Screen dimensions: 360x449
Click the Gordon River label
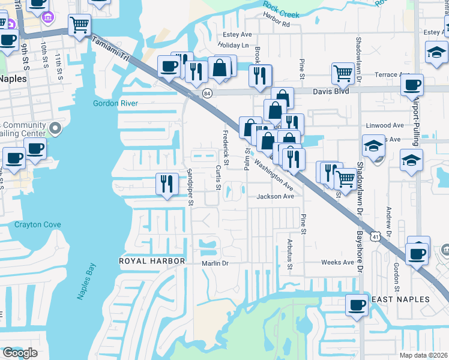click(x=116, y=103)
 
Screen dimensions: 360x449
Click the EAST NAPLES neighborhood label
click(x=400, y=299)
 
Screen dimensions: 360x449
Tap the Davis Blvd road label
click(x=330, y=92)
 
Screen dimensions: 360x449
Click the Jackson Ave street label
click(x=276, y=196)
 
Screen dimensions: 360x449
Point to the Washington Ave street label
click(x=273, y=173)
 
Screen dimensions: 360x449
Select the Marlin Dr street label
click(x=217, y=263)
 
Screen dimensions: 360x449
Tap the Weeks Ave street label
click(x=338, y=262)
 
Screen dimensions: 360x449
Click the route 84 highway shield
click(x=207, y=94)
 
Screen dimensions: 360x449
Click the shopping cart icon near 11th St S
click(x=79, y=25)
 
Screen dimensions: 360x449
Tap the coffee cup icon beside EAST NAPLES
click(x=357, y=304)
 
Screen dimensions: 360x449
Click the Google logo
click(x=20, y=353)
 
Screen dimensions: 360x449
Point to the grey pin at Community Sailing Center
click(x=55, y=128)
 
